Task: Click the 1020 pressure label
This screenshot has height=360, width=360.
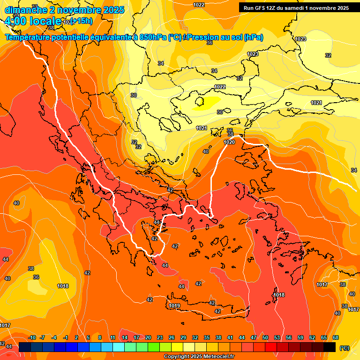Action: click(x=229, y=142)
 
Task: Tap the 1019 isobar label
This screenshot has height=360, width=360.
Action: click(x=174, y=306)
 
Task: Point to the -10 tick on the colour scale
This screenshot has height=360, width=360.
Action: click(x=32, y=337)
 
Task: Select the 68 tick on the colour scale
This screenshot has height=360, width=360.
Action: click(x=335, y=337)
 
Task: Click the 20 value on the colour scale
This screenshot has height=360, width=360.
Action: click(x=148, y=337)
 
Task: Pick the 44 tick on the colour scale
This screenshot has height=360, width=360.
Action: click(x=242, y=337)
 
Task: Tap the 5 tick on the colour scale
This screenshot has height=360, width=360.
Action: click(x=89, y=337)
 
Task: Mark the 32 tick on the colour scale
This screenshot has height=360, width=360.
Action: click(x=195, y=337)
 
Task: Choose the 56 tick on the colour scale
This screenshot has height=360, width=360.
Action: click(x=288, y=337)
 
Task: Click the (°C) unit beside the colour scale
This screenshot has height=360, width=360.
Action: click(x=345, y=348)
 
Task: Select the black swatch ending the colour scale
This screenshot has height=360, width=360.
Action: click(x=330, y=347)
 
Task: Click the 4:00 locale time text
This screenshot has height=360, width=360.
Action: click(x=33, y=21)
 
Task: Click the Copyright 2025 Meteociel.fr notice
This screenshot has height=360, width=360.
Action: click(x=199, y=357)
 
